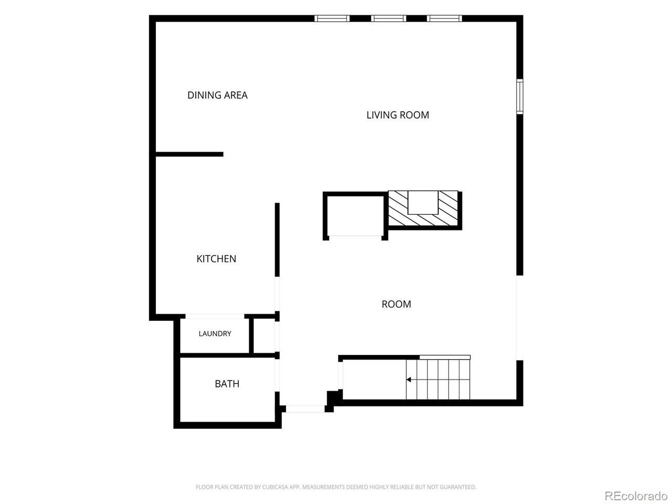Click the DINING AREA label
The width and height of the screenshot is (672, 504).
click(217, 95)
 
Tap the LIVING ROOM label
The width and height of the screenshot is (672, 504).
click(397, 115)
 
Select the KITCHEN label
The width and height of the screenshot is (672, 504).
click(216, 259)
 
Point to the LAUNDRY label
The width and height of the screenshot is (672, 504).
click(215, 333)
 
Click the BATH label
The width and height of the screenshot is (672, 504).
click(227, 384)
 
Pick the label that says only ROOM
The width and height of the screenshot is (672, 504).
click(396, 304)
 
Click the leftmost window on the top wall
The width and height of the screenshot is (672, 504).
click(332, 18)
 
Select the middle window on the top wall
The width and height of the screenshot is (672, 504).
click(388, 18)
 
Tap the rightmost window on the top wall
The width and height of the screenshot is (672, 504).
click(444, 18)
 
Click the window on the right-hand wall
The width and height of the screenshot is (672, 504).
click(520, 97)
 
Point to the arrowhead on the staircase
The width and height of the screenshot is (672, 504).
click(408, 380)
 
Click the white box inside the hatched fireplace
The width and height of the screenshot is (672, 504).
click(423, 203)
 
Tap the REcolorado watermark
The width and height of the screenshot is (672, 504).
click(636, 495)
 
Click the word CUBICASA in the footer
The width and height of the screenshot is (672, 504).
click(274, 487)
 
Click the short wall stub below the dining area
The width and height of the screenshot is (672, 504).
click(190, 154)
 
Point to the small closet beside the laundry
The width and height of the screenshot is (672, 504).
click(265, 335)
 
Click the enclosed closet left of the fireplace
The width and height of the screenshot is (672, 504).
click(355, 216)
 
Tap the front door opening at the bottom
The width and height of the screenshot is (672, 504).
click(305, 408)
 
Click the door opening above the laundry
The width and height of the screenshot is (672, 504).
click(215, 317)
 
